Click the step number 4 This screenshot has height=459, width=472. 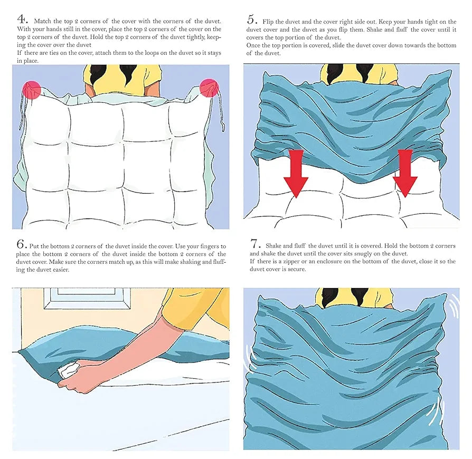[x=22, y=21]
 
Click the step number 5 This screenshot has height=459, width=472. [x=252, y=21]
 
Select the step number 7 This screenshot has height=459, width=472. [x=256, y=244]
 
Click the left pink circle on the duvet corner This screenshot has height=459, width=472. [x=31, y=90]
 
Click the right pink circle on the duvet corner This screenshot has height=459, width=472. [x=209, y=88]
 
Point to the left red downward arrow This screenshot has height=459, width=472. [x=296, y=173]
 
